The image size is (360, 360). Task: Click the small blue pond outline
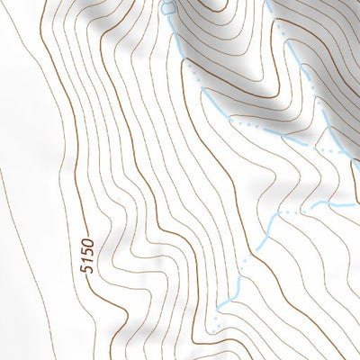click(x=167, y=7)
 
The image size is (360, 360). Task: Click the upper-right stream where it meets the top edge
click(x=269, y=2)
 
